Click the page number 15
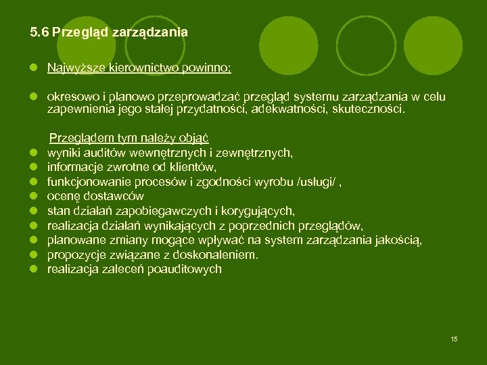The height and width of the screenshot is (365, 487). point(454,339)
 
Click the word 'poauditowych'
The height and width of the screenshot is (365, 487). point(187,268)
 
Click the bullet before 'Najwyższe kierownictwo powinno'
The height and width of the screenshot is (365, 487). point(32,68)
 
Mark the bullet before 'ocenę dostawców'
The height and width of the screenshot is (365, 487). point(32,197)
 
